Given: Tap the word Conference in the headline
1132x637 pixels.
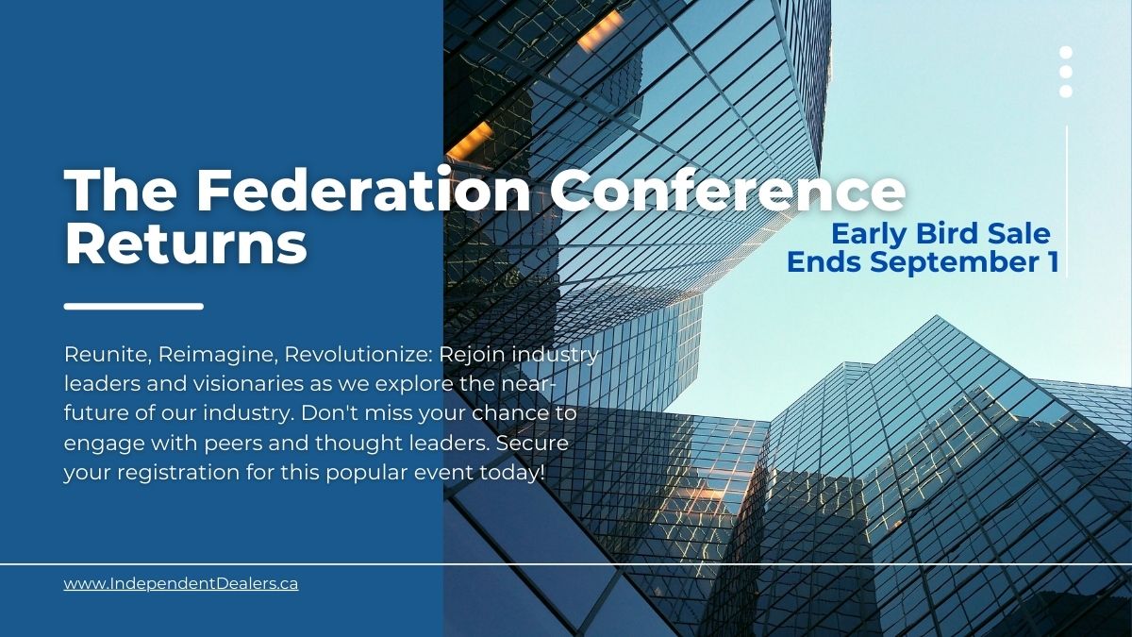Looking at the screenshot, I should [727, 193].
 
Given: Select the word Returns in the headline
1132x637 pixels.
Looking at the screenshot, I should [186, 243].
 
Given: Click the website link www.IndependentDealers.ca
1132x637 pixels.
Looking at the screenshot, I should [181, 584].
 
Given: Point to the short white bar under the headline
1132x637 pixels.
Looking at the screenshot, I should [134, 306].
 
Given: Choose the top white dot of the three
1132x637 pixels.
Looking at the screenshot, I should [1066, 53].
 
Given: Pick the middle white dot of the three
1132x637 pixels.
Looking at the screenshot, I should [1066, 72].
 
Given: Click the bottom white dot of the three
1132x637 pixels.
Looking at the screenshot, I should [1066, 92].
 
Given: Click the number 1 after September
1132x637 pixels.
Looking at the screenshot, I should [1052, 262].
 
